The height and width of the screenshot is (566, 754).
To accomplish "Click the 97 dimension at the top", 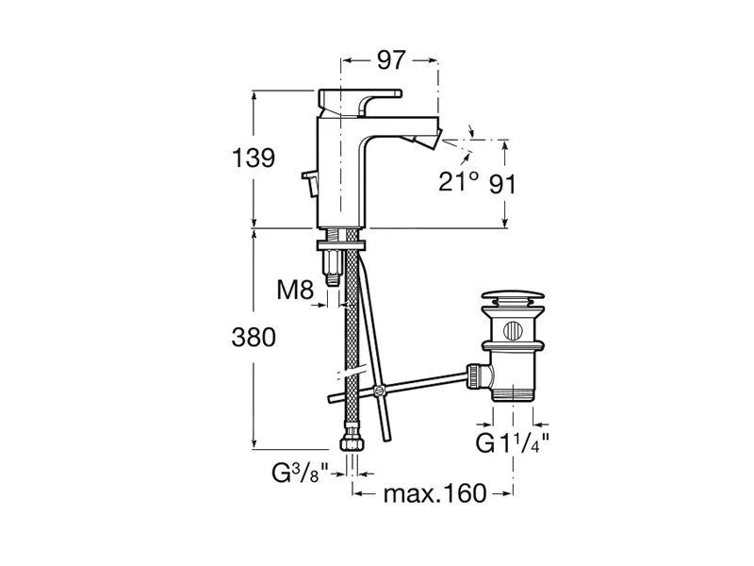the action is (x=391, y=60).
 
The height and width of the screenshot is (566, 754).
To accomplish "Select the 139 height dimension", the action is (x=253, y=158).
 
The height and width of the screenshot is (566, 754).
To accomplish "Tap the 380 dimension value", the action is (x=254, y=338).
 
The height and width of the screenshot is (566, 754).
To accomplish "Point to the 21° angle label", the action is (x=458, y=181).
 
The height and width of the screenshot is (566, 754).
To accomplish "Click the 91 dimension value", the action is (x=502, y=184).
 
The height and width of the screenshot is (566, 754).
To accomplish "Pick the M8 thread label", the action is (x=295, y=290).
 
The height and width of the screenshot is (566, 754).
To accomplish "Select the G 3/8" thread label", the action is (x=300, y=474).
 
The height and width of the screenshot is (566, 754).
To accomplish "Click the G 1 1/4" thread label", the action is (x=512, y=442).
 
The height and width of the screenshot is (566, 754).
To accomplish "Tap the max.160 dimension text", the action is (x=434, y=493).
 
